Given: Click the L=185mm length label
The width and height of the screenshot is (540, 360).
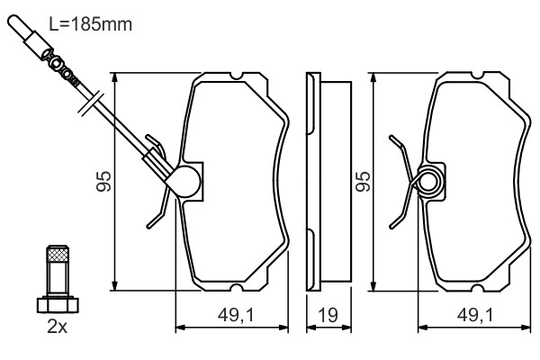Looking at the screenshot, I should (91, 24).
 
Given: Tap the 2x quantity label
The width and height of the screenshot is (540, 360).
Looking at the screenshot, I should (57, 327).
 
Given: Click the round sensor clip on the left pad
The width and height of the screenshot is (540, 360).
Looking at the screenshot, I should (185, 182).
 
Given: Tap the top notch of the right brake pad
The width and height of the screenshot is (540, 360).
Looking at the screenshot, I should (476, 76).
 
